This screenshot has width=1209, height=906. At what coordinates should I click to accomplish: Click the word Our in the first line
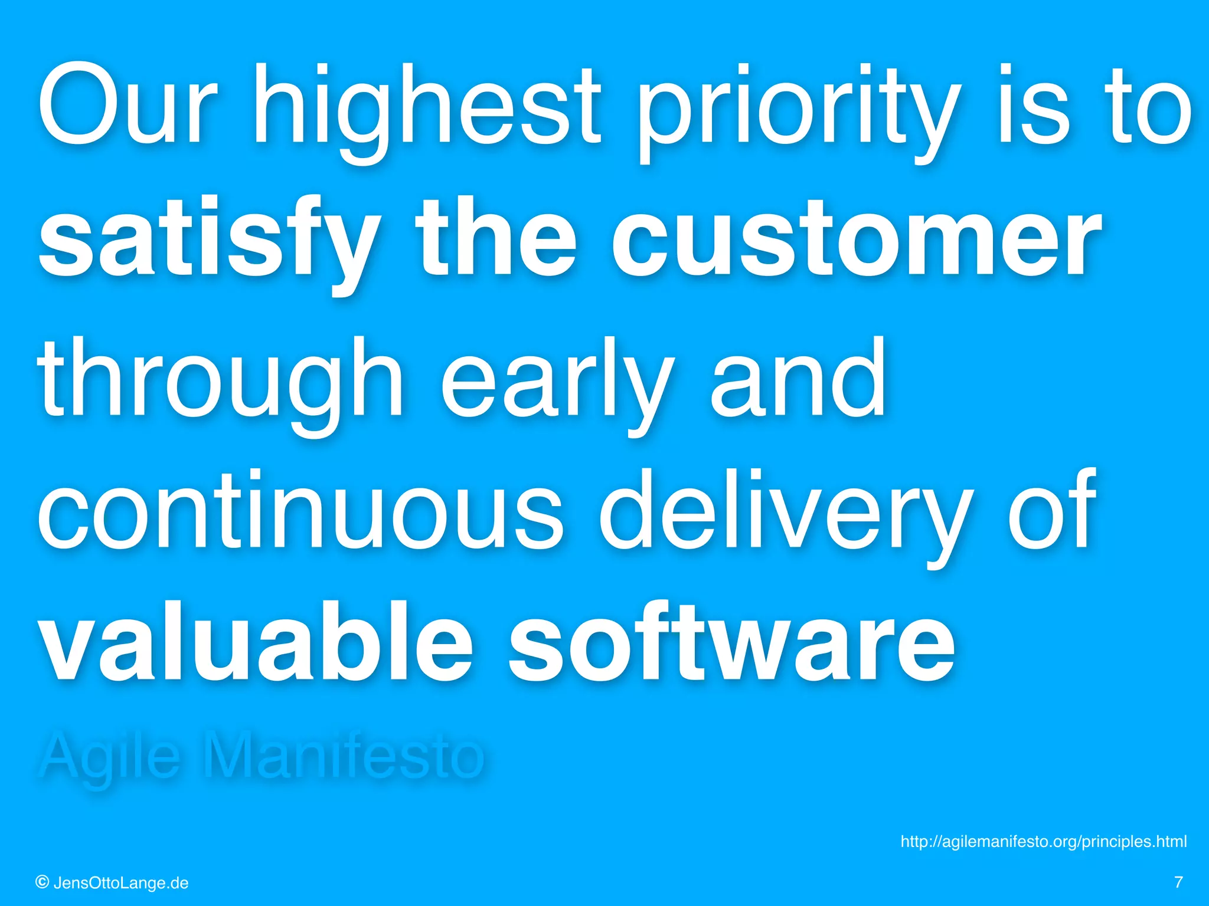click(127, 106)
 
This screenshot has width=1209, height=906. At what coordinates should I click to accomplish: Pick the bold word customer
click(856, 239)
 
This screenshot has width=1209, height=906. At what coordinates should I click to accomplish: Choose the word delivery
click(785, 513)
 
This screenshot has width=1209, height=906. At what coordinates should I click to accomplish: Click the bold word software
click(732, 643)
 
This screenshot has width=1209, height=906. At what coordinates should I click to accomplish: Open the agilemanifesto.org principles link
click(1043, 841)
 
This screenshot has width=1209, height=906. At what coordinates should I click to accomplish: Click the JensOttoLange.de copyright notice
click(112, 883)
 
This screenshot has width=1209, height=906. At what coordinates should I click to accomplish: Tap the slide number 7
click(1178, 882)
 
